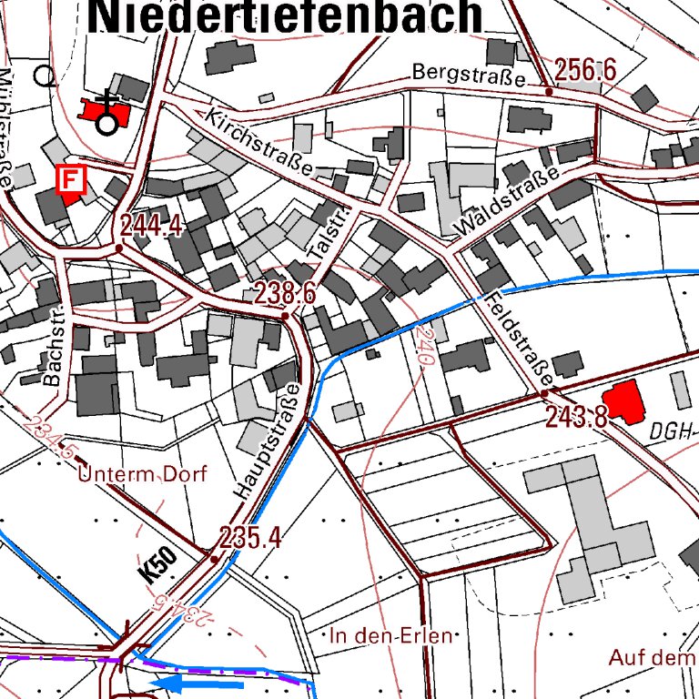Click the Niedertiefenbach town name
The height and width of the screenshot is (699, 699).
click(x=288, y=16)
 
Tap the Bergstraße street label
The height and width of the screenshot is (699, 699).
click(x=468, y=75)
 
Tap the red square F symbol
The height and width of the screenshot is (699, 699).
click(x=70, y=180)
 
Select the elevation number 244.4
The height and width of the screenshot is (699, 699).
click(x=152, y=226)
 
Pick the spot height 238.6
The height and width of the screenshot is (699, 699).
click(x=285, y=293)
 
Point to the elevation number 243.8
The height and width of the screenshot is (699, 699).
click(x=576, y=417)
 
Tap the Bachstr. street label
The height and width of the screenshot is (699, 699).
click(x=56, y=345)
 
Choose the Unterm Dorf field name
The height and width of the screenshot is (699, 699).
click(x=143, y=474)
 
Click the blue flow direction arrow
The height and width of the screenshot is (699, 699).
click(x=197, y=683)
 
